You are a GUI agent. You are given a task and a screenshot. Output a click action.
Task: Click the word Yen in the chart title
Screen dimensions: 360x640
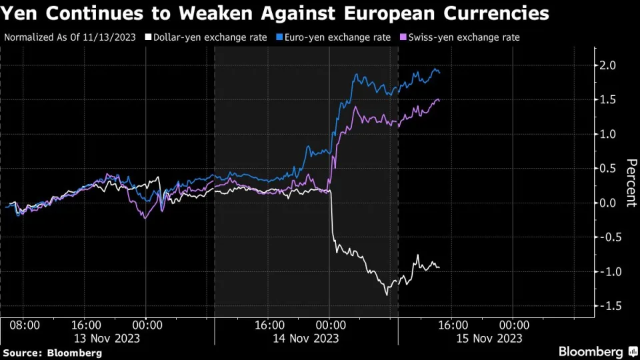coord(21,13)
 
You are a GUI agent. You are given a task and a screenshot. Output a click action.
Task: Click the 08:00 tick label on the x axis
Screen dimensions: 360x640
coord(25,325)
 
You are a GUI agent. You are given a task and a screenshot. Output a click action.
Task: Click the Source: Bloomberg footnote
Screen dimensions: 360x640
coord(53,352)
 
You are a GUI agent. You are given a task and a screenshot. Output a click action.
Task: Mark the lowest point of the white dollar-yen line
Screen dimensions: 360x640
coord(386,294)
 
